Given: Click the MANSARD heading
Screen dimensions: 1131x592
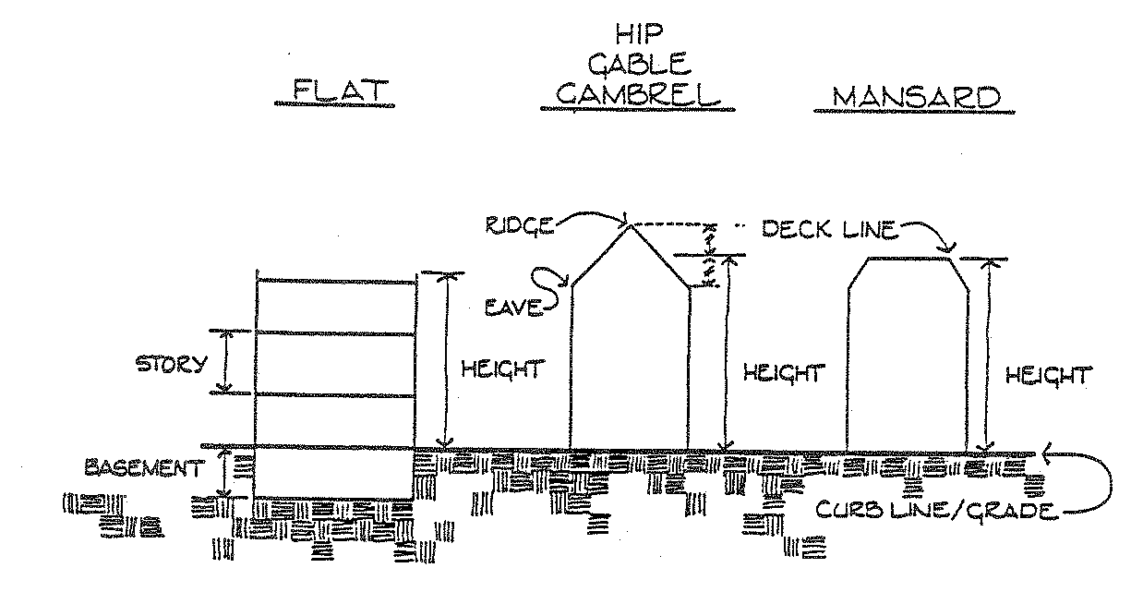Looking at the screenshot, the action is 915,97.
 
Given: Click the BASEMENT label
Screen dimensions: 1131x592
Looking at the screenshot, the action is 142,468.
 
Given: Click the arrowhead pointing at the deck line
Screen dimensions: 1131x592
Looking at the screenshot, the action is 949,248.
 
